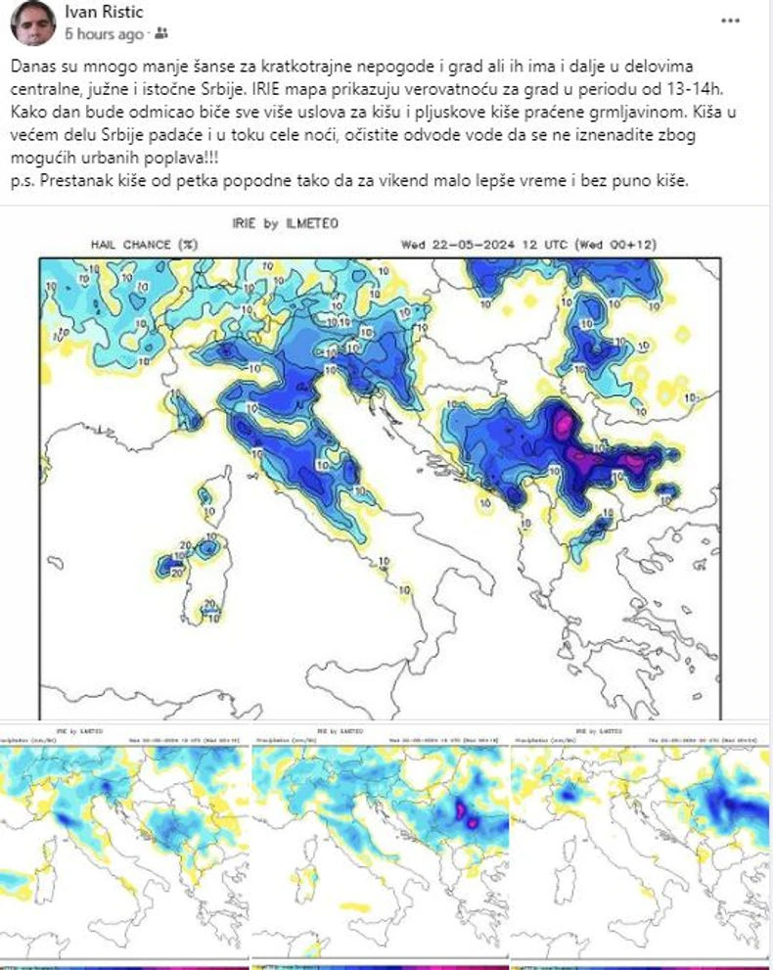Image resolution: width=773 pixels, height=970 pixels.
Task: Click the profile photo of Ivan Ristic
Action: point(33,23)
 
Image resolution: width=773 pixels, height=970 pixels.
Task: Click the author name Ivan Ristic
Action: point(105,13)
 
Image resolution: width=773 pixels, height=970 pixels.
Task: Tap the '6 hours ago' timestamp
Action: point(104,34)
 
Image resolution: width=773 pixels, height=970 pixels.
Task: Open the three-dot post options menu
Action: point(730,21)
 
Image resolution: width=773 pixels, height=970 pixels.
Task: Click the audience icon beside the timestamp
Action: point(161,34)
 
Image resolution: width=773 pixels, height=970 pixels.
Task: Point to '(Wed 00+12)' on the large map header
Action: point(618,244)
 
